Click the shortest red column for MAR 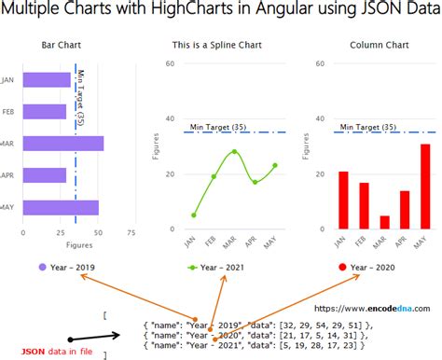pyautogui.click(x=384, y=222)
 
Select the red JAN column pyautogui.click(x=343, y=200)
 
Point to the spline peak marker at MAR pyautogui.click(x=234, y=151)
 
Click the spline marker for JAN pyautogui.click(x=193, y=215)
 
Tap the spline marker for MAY pyautogui.click(x=275, y=165)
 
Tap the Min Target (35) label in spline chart pyautogui.click(x=218, y=126)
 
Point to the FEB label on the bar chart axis pyautogui.click(x=8, y=112)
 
